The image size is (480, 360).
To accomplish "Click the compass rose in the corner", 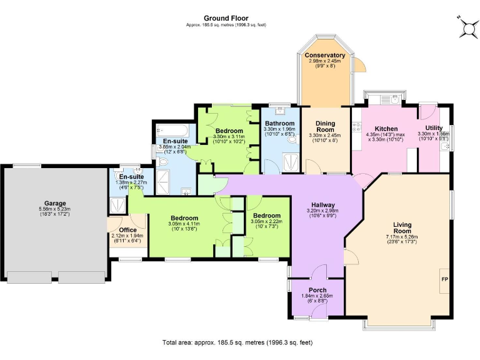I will click(x=466, y=26).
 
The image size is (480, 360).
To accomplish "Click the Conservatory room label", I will click(x=325, y=56).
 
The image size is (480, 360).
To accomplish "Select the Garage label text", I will click(x=54, y=203).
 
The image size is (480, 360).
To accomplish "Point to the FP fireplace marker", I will click(x=444, y=279).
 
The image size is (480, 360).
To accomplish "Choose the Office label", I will click(x=127, y=230).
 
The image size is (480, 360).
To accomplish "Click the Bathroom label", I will click(x=279, y=124).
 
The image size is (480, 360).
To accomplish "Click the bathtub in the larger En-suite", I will click(x=176, y=130).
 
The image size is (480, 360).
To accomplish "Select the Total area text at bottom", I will click(x=237, y=343).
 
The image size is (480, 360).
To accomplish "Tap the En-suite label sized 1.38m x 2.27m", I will click(x=131, y=177).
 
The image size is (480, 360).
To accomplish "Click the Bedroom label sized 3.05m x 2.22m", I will click(x=266, y=216).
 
